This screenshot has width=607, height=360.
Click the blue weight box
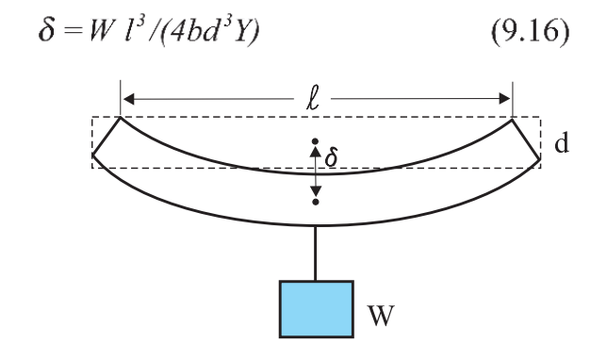click(317, 309)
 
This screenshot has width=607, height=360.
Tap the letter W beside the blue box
click(382, 316)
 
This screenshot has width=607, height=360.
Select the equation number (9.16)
click(531, 30)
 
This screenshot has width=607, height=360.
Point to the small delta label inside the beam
click(332, 157)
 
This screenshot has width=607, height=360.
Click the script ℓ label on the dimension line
click(313, 100)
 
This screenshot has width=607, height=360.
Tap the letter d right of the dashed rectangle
click(562, 143)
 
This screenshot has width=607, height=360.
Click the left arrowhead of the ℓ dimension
click(128, 99)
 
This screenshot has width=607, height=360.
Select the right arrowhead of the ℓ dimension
click(505, 99)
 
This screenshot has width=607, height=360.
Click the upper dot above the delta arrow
click(316, 141)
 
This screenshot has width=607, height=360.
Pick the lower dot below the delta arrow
click(316, 202)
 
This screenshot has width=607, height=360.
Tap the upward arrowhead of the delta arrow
click(316, 152)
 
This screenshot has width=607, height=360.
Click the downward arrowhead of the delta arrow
click(316, 191)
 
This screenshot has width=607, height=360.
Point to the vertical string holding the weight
click(316, 253)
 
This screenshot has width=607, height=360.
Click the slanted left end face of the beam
click(107, 136)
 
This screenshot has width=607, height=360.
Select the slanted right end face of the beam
click(526, 139)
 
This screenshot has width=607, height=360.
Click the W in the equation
click(101, 30)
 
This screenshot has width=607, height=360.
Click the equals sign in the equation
click(74, 31)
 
